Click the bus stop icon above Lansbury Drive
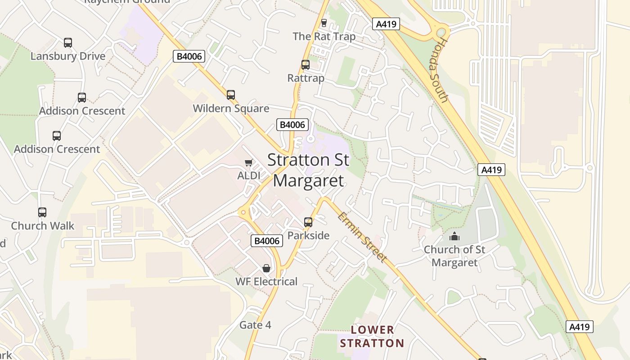click(x=68, y=43)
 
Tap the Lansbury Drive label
click(x=68, y=56)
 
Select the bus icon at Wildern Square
click(x=231, y=95)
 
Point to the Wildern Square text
click(x=231, y=108)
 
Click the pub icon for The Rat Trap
click(x=324, y=22)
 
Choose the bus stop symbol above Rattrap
click(x=306, y=65)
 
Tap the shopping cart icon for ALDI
click(x=249, y=162)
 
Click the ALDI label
click(x=249, y=175)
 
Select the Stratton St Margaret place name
click(x=308, y=170)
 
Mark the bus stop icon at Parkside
click(x=308, y=222)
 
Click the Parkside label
click(x=308, y=235)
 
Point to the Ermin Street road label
click(x=362, y=237)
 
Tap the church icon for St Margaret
click(x=454, y=236)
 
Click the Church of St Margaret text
click(x=454, y=256)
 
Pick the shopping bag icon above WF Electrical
click(x=266, y=268)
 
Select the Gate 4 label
click(x=255, y=325)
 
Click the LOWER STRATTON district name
click(x=372, y=337)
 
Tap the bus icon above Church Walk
click(x=42, y=212)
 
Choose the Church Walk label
click(x=42, y=226)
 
